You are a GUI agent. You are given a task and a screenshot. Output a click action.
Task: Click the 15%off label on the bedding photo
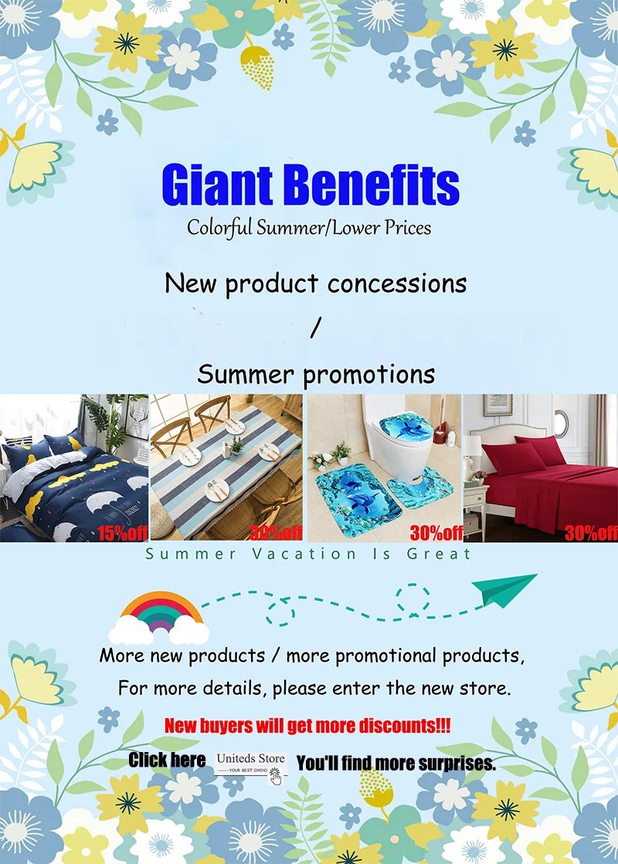(x=122, y=533)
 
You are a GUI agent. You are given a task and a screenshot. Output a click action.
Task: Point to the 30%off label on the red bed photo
(x=591, y=533)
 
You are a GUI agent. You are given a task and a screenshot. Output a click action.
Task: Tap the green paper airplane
(x=504, y=590)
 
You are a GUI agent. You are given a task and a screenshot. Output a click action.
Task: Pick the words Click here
(x=167, y=760)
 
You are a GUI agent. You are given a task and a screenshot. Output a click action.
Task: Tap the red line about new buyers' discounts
(x=307, y=726)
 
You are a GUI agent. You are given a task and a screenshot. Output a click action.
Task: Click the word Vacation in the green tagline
(x=304, y=554)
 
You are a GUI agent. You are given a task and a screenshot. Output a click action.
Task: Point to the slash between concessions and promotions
(x=315, y=328)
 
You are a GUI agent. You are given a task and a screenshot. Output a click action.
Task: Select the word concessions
(x=397, y=284)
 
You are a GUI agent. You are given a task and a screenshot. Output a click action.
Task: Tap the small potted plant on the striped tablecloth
(x=236, y=445)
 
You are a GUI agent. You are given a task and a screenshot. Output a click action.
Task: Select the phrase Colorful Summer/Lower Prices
(x=309, y=228)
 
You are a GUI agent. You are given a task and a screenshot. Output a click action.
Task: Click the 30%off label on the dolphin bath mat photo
(x=436, y=533)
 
